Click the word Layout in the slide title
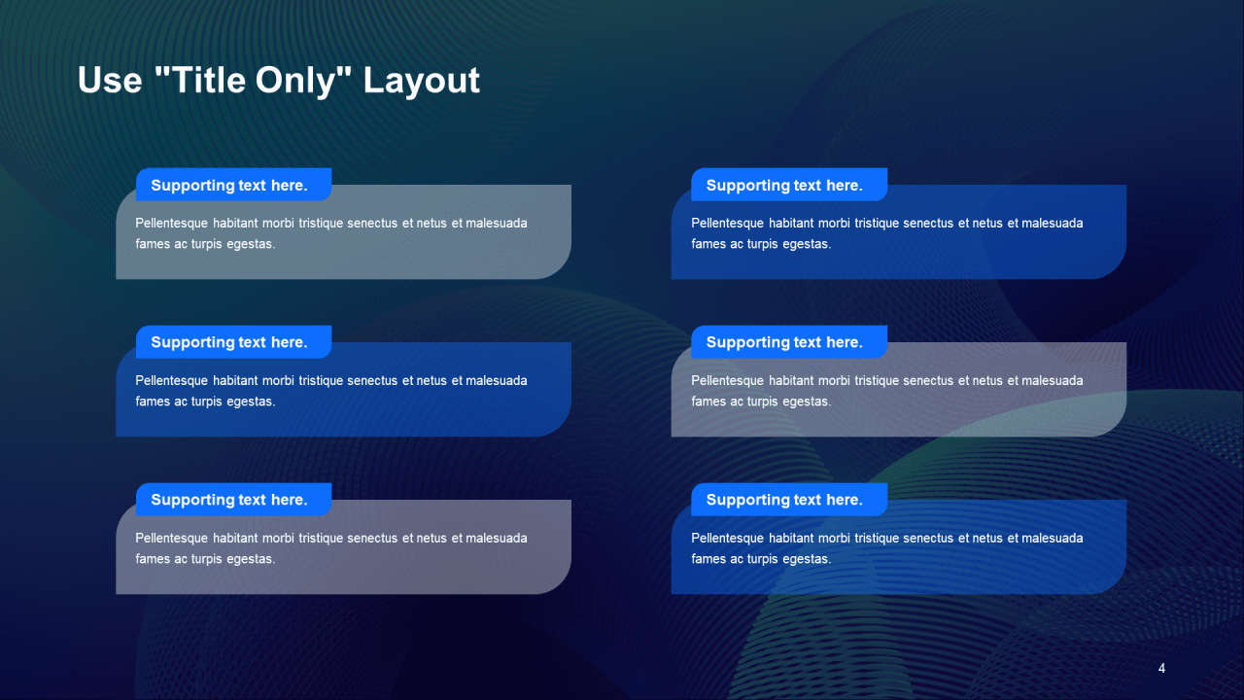[421, 81]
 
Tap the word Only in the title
[296, 81]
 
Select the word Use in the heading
[110, 81]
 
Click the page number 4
[1161, 668]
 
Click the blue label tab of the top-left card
[234, 185]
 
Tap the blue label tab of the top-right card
[789, 185]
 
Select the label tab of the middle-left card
[234, 341]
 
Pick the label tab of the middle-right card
[789, 341]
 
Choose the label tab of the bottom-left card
[234, 500]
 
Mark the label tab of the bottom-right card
[789, 500]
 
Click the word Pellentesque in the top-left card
[172, 224]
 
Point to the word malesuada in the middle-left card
[497, 380]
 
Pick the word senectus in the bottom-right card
[928, 539]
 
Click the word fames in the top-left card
[153, 244]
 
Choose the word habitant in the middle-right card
[790, 380]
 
